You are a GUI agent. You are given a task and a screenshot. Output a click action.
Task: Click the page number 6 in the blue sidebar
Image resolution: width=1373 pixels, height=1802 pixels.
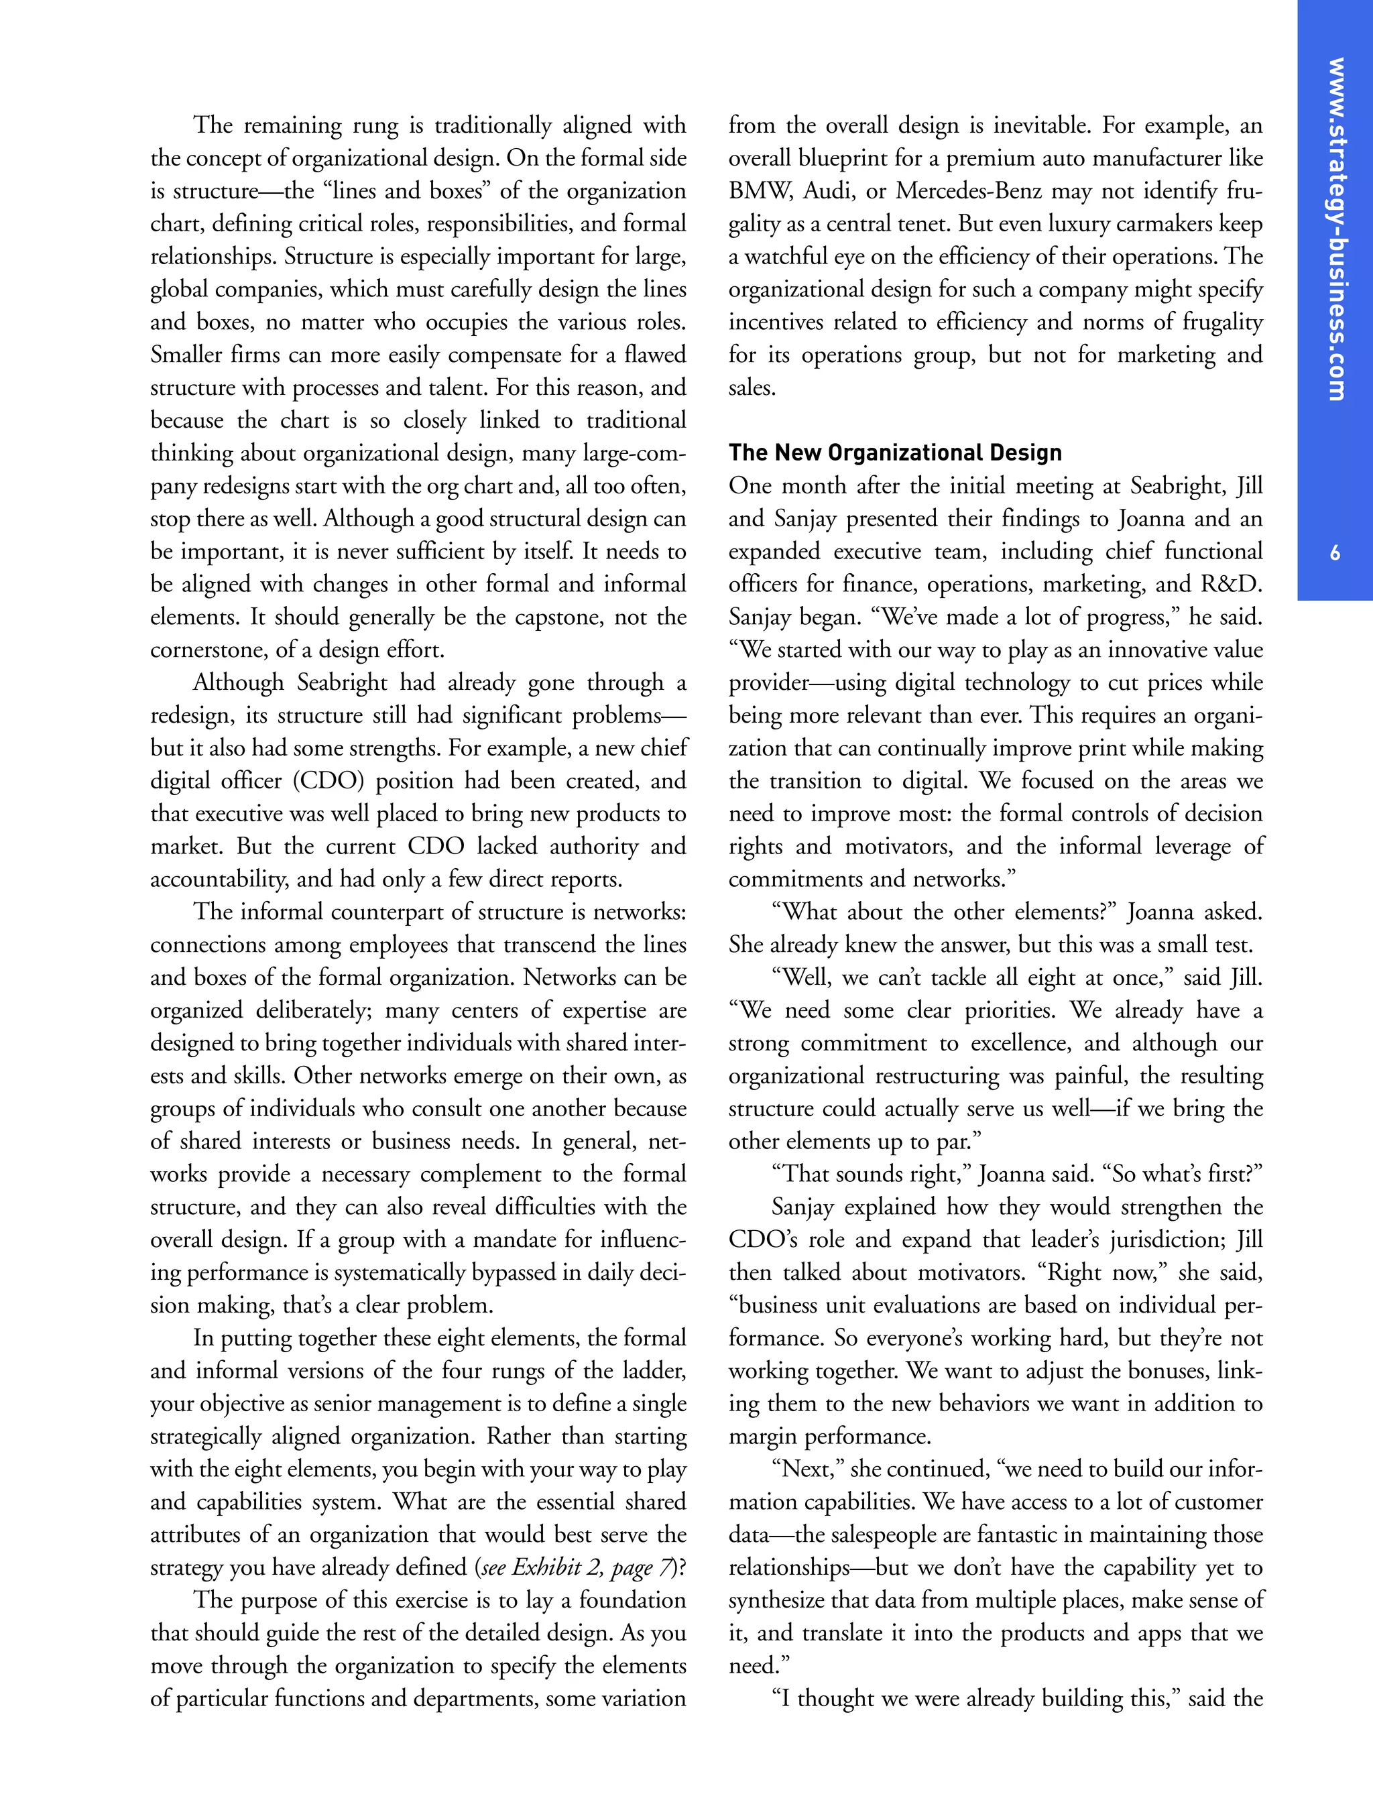tap(1335, 553)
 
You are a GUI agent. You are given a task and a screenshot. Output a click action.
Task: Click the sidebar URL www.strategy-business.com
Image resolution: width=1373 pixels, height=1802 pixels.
tap(1336, 229)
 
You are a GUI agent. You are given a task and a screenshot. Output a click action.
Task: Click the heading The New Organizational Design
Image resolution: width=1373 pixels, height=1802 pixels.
tap(895, 453)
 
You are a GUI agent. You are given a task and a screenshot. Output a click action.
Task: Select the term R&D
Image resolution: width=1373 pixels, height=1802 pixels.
tap(1231, 585)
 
